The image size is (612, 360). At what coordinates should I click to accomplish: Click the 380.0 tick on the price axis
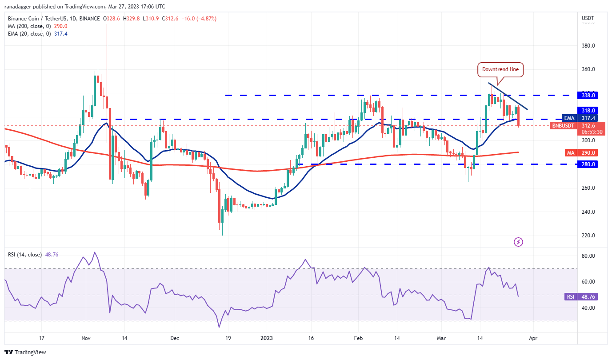pos(588,46)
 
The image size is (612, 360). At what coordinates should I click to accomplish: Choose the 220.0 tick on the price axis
pos(588,236)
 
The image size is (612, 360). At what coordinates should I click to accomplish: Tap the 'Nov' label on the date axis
pos(86,338)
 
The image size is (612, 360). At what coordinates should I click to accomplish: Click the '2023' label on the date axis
pos(268,338)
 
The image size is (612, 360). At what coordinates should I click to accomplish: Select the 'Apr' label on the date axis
pos(533,338)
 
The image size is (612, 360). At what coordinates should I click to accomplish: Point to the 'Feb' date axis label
pos(358,338)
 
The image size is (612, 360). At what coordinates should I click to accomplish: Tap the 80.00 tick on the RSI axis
pos(588,256)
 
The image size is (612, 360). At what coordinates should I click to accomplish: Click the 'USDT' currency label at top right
pos(588,18)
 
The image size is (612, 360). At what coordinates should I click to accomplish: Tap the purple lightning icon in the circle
pos(518,242)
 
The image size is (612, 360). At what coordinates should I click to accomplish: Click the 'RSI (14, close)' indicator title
pos(25,255)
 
